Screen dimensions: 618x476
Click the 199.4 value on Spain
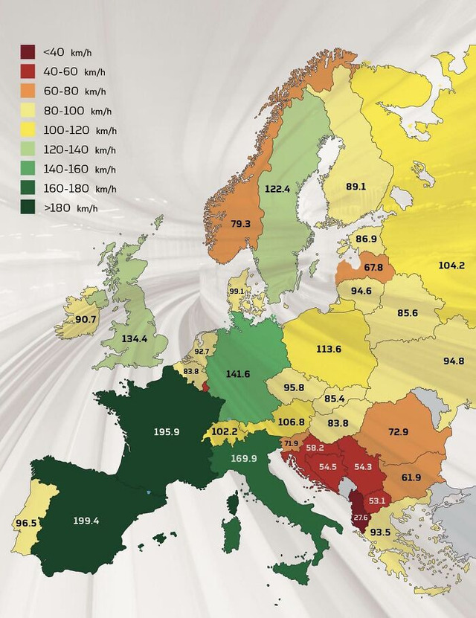point(86,521)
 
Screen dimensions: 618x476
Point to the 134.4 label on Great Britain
point(134,339)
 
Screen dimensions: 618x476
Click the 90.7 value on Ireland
point(86,319)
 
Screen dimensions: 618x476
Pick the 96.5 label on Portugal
point(25,523)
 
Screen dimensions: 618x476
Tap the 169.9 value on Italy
point(244,459)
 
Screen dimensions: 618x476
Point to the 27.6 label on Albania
point(360,516)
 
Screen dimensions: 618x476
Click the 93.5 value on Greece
point(380,532)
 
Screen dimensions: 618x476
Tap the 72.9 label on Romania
point(399,432)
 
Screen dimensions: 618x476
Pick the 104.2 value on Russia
point(451,265)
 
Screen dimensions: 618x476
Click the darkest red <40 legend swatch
point(28,53)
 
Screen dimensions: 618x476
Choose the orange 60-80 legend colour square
point(28,91)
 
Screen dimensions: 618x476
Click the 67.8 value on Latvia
point(374,268)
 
